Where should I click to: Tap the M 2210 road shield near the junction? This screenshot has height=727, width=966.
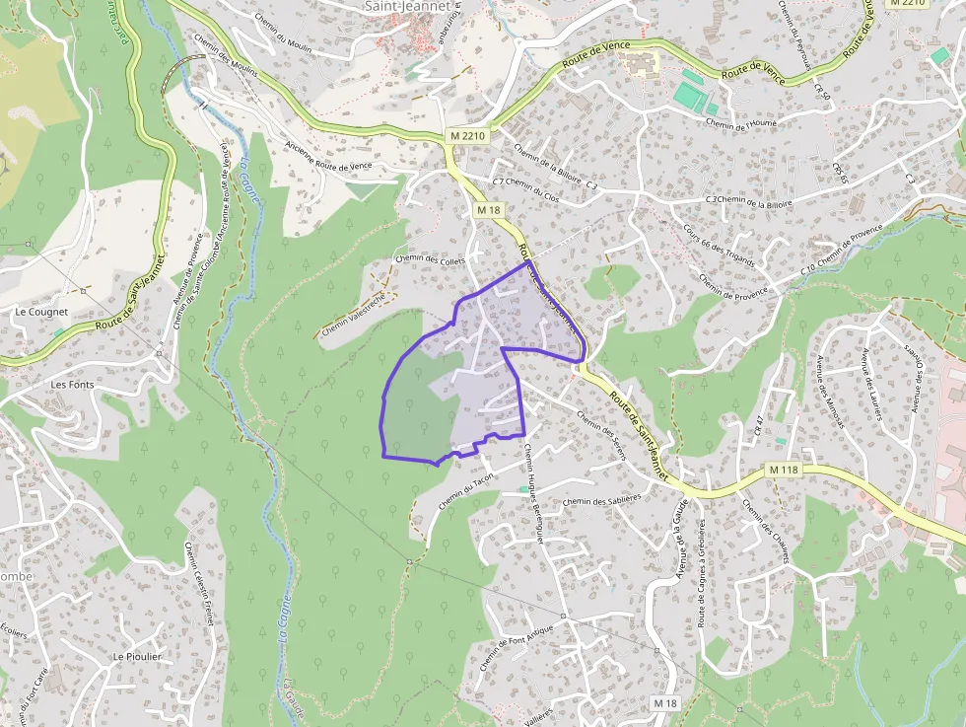click(466, 135)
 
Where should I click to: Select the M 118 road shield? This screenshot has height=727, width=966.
click(784, 470)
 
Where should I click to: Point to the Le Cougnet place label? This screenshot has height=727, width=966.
click(41, 312)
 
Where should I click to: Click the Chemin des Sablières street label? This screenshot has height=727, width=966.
click(601, 500)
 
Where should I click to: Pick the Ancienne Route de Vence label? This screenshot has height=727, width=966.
click(328, 155)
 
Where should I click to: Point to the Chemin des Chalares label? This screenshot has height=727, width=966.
click(766, 532)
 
